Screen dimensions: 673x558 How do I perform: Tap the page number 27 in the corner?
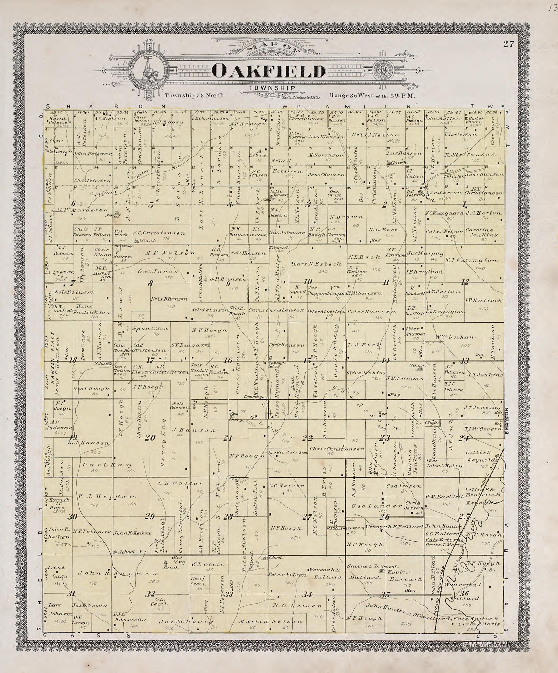pos(509,44)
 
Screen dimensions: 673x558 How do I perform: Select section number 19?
pos(73,438)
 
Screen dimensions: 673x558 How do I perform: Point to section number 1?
pos(464,204)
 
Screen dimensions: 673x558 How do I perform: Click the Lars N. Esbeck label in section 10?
pos(317,264)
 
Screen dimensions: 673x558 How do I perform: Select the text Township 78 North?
pos(194,96)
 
